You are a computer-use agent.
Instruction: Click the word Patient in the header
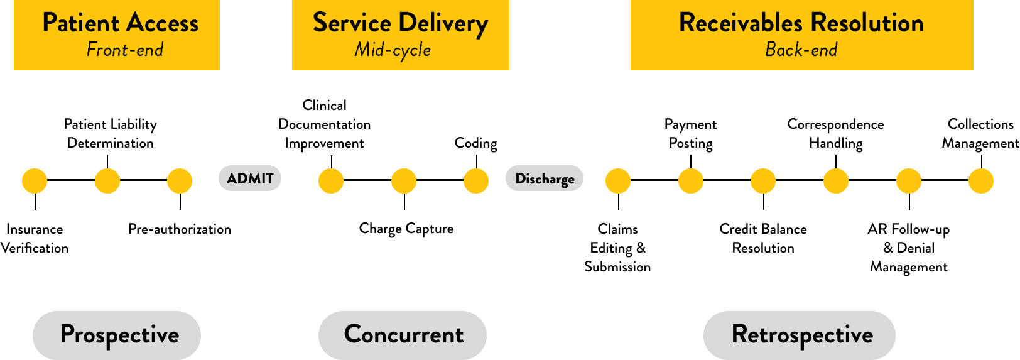(80, 23)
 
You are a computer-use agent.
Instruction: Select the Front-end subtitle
(125, 50)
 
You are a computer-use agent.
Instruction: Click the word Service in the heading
(352, 23)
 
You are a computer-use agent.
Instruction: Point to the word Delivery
(443, 23)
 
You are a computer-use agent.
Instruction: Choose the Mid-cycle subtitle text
(393, 50)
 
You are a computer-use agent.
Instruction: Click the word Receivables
(741, 23)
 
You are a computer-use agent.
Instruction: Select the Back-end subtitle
(801, 50)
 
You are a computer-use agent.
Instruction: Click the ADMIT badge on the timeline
(250, 178)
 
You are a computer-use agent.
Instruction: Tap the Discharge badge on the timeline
(545, 178)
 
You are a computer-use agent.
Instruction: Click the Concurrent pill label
(403, 335)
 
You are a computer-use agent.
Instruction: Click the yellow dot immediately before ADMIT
(180, 181)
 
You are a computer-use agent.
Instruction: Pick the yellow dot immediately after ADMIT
(331, 181)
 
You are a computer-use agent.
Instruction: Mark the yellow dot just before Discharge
(476, 181)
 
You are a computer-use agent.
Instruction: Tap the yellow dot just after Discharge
(618, 181)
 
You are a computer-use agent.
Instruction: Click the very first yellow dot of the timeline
(35, 181)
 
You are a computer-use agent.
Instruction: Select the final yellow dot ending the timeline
(981, 181)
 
